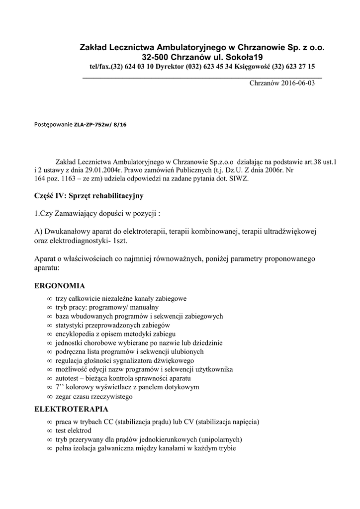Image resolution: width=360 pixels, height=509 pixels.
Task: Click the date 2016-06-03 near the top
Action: tap(296, 83)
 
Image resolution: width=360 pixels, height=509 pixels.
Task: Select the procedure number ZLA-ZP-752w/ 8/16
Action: tap(100, 125)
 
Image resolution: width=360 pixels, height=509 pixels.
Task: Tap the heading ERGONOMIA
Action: tap(59, 286)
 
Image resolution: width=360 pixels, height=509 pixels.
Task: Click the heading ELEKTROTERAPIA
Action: tap(71, 410)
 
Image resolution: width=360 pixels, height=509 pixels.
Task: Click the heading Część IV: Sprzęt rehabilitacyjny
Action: tap(89, 196)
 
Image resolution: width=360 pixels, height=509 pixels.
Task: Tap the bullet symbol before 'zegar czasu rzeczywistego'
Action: tap(49, 397)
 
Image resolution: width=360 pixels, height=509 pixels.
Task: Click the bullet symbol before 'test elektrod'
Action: tap(49, 430)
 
